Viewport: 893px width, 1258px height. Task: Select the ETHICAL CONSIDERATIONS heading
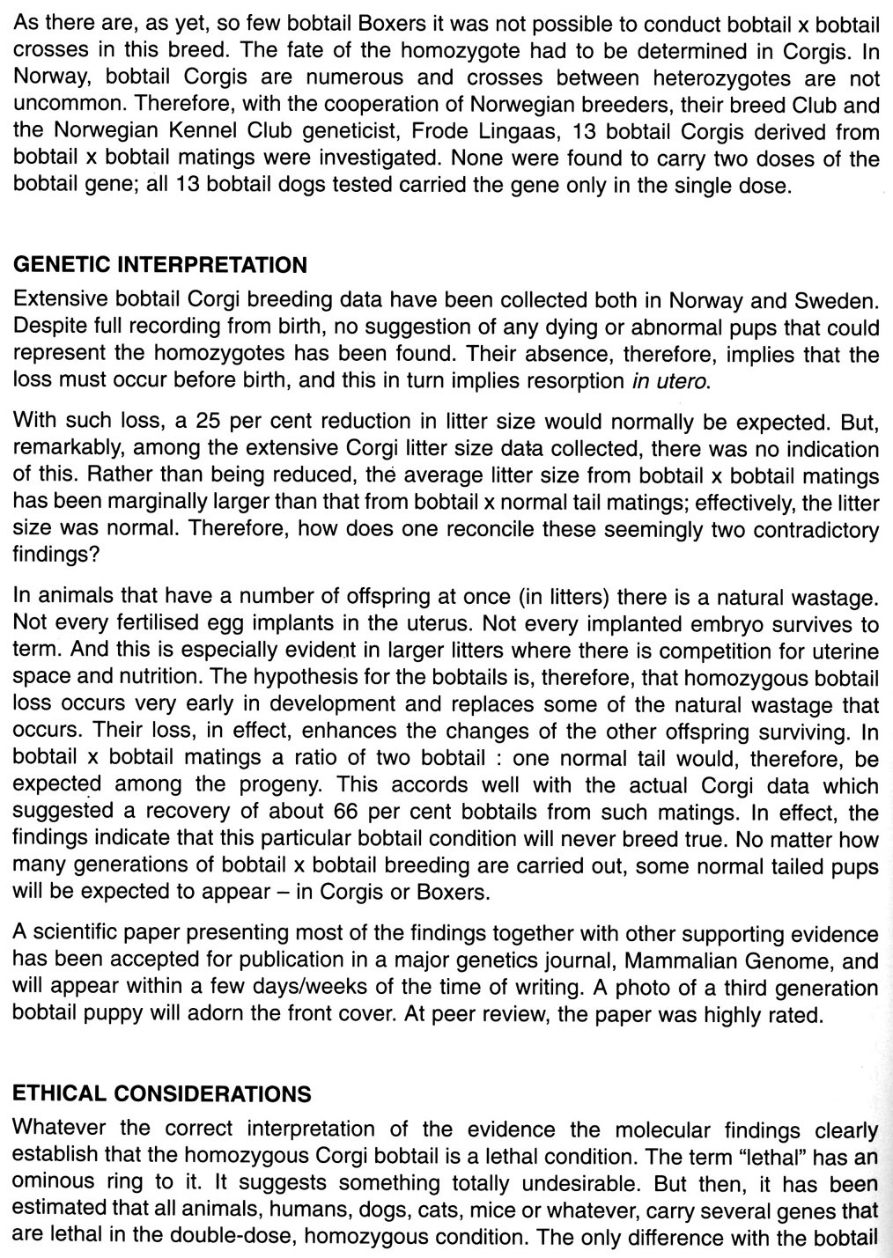click(162, 1094)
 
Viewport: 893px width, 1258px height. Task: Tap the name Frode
click(425, 133)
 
